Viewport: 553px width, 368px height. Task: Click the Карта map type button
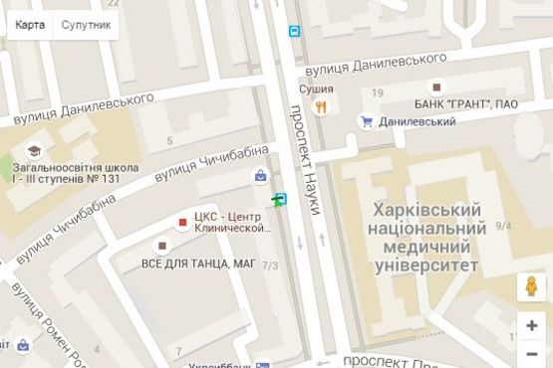(x=29, y=23)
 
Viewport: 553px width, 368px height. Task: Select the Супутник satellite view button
(x=86, y=23)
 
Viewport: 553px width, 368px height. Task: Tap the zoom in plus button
(x=532, y=325)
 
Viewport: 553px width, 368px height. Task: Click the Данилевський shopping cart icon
(x=367, y=121)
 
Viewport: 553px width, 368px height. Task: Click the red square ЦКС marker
(x=182, y=222)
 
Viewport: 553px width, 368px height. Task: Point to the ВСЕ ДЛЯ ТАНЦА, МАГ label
(x=199, y=264)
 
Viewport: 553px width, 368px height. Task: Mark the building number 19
(x=377, y=92)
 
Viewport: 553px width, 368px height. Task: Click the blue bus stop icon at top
(x=295, y=32)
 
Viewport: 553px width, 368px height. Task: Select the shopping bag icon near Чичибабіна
(x=261, y=176)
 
